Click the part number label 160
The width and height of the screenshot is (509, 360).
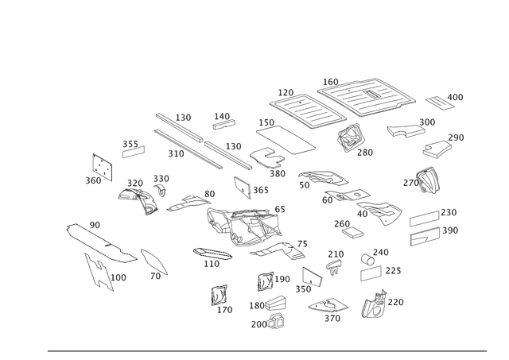tap(331, 82)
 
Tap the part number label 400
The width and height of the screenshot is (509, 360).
tap(455, 97)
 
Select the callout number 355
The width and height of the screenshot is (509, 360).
tap(130, 144)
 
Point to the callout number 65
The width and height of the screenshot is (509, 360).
tap(280, 209)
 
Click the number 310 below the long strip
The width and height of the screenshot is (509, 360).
tap(176, 153)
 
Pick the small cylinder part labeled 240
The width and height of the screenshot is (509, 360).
tap(367, 259)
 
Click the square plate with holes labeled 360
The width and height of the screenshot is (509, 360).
tap(103, 167)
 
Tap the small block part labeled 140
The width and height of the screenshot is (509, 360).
tap(224, 124)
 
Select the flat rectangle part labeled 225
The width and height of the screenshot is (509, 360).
tap(371, 273)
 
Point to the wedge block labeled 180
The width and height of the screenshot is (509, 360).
tap(276, 303)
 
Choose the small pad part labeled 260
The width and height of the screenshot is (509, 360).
tap(352, 232)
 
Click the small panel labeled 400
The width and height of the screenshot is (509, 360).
tap(440, 103)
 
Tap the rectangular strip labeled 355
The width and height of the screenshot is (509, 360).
tap(134, 152)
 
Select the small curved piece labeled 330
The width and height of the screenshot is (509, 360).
tap(160, 190)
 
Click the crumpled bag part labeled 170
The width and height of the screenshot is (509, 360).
tap(220, 295)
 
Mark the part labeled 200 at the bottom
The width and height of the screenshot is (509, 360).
tap(276, 321)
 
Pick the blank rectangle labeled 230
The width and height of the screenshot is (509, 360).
tap(425, 219)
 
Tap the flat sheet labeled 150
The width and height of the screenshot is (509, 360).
tap(286, 140)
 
